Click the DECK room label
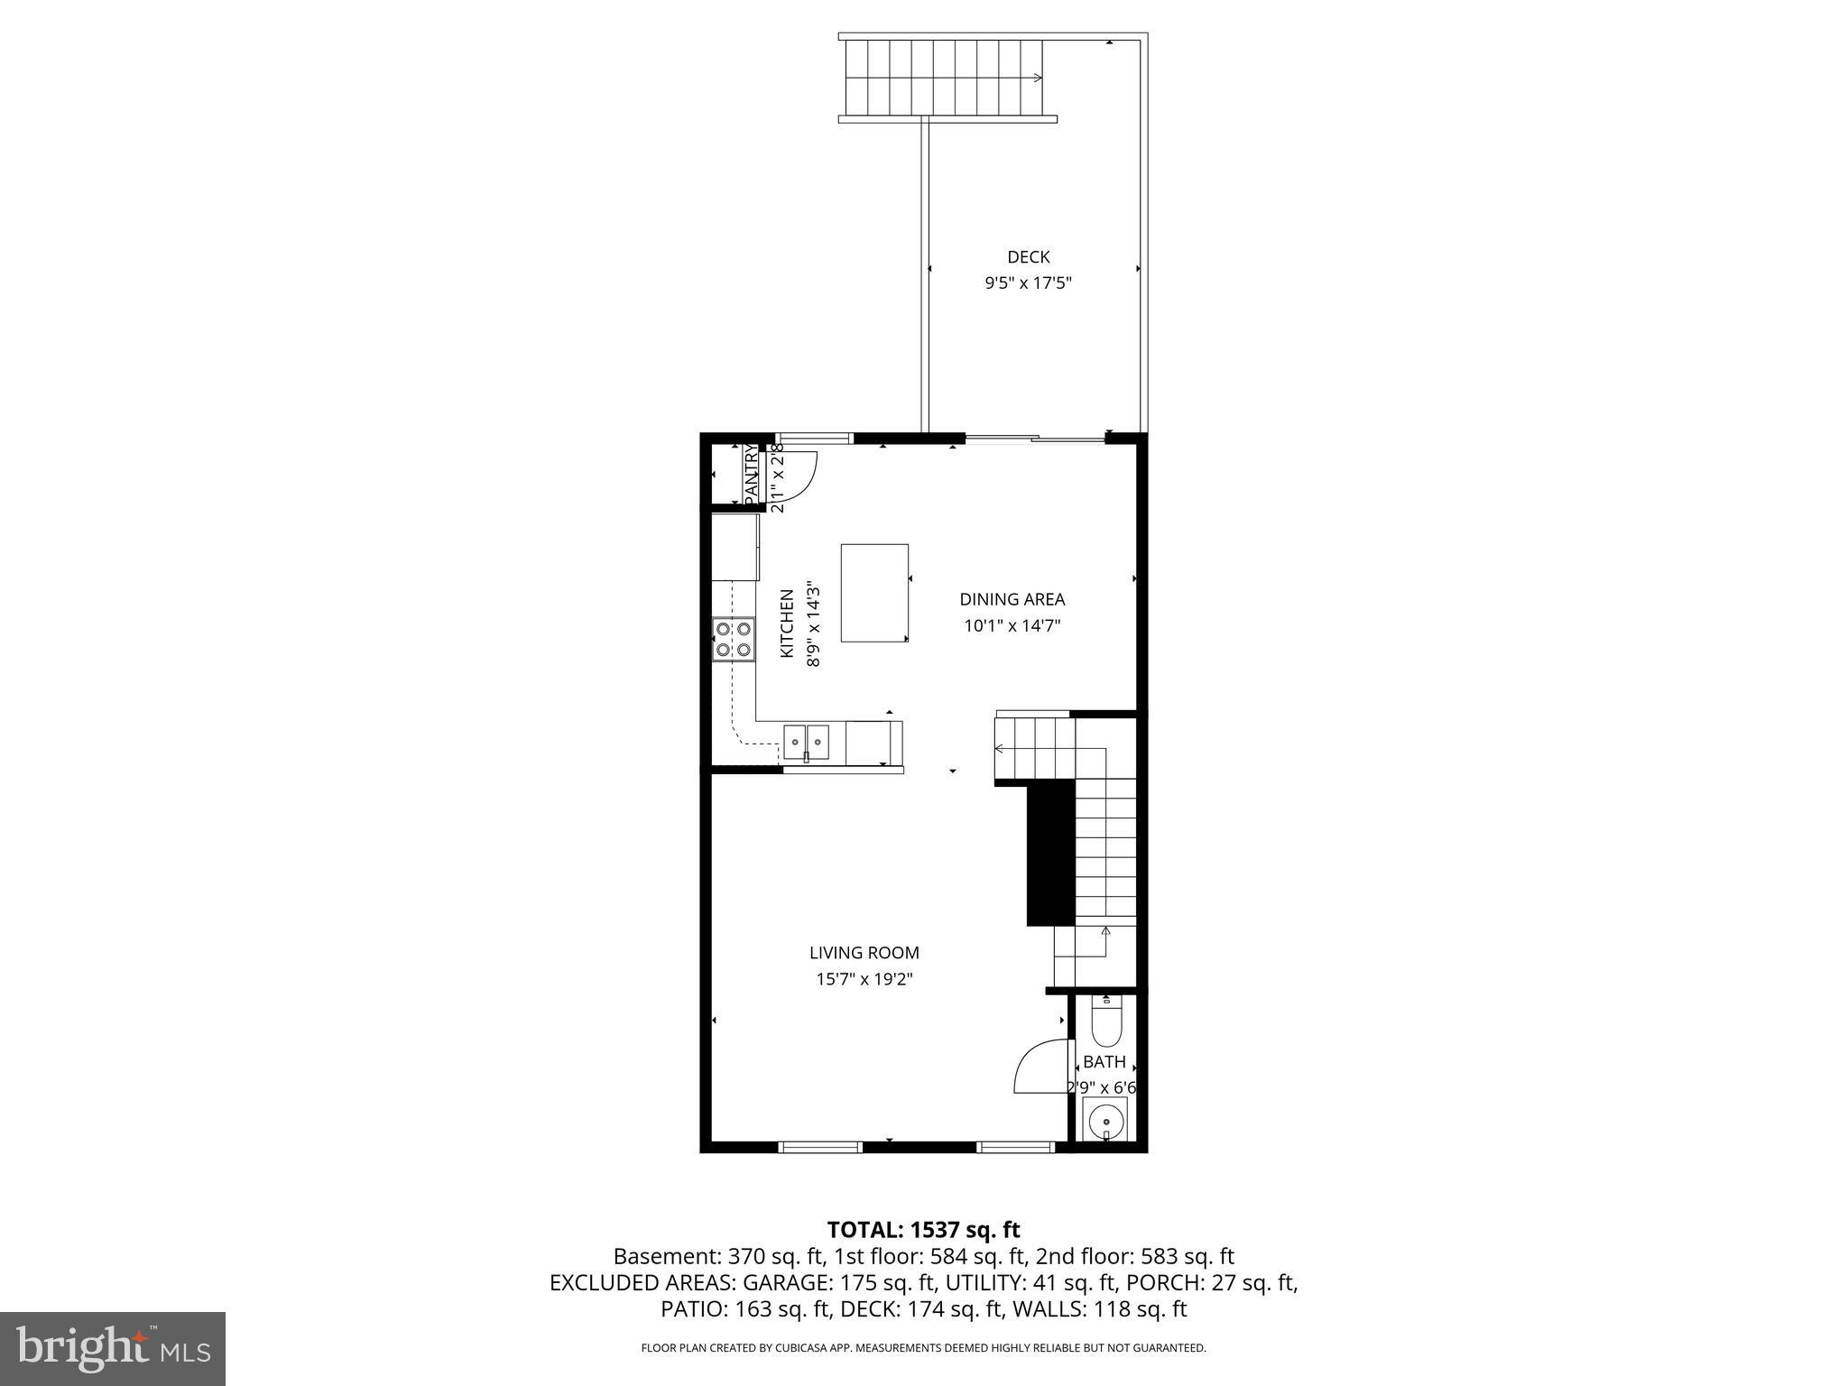tap(1028, 257)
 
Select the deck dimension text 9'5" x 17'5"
tap(1028, 283)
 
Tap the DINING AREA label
tap(1012, 599)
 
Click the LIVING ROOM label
tap(864, 952)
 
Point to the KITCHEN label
tap(787, 624)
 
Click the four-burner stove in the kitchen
tap(733, 639)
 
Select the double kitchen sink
tap(806, 743)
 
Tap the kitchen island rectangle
tap(874, 593)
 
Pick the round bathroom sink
tap(1104, 1123)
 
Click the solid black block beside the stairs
tap(1051, 853)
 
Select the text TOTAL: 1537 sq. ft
tap(923, 1230)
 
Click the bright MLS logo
tap(113, 1349)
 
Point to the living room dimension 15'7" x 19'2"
tap(864, 979)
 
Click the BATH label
tap(1104, 1062)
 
